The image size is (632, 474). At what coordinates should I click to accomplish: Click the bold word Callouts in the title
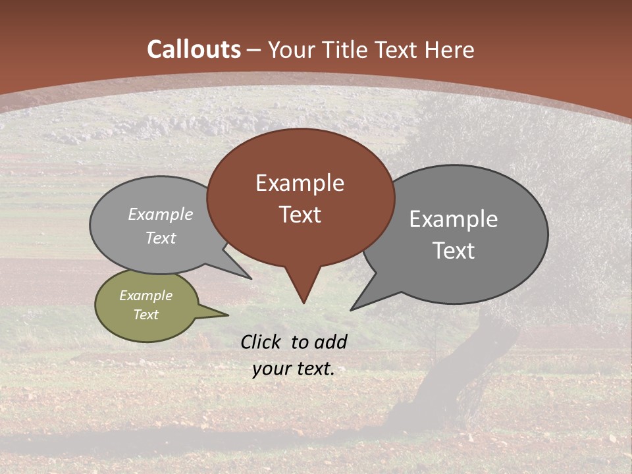point(194,49)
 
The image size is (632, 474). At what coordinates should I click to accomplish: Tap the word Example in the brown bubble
point(300,183)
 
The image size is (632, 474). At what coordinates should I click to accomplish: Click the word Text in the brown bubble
point(300,215)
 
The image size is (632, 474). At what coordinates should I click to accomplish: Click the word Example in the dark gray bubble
point(453,219)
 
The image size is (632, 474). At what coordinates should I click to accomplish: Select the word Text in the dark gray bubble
point(453,251)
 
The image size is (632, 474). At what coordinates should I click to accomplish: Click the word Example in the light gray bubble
point(160,214)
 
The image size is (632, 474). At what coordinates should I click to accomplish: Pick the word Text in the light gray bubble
point(160,238)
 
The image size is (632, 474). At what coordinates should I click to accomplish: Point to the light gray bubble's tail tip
point(250,278)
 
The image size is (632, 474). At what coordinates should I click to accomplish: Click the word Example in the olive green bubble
point(145,296)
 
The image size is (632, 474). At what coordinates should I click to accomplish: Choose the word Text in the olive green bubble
point(145,315)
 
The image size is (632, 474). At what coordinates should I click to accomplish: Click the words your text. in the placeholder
point(294,369)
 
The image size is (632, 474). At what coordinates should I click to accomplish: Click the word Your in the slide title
point(292,49)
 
